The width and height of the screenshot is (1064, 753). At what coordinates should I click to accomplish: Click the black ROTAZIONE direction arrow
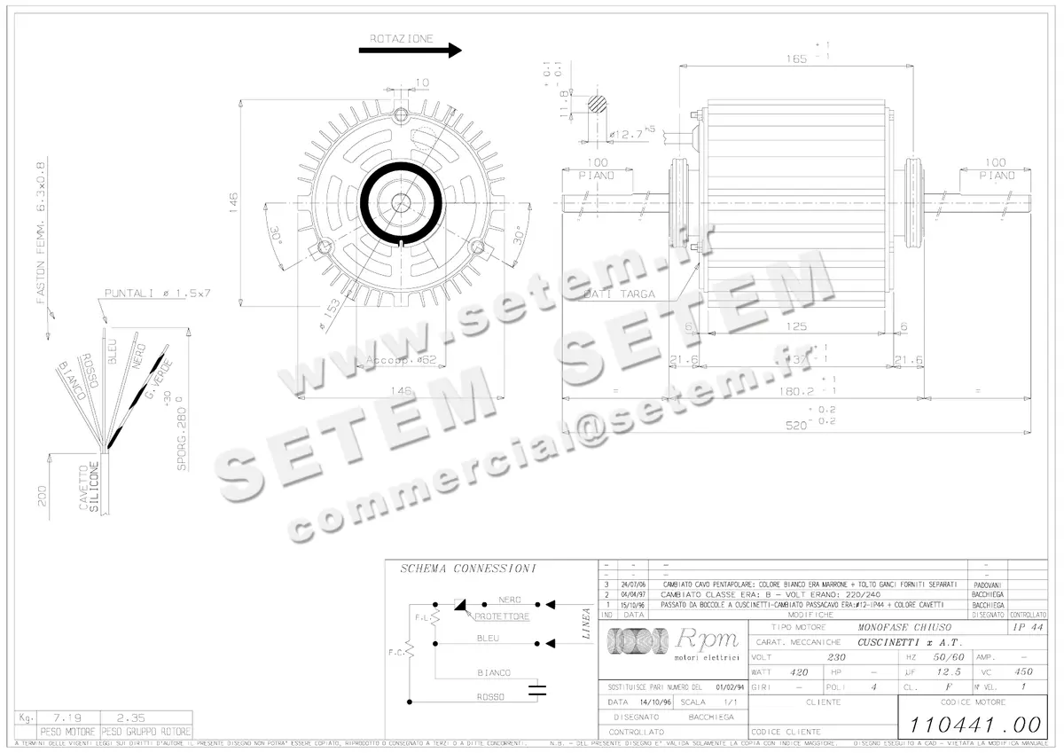click(x=410, y=51)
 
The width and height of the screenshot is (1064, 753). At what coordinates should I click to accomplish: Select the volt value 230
click(x=835, y=657)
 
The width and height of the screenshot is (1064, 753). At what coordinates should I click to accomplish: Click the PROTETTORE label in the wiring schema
click(x=502, y=616)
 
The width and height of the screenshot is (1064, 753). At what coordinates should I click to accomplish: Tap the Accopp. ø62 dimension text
click(x=402, y=361)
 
